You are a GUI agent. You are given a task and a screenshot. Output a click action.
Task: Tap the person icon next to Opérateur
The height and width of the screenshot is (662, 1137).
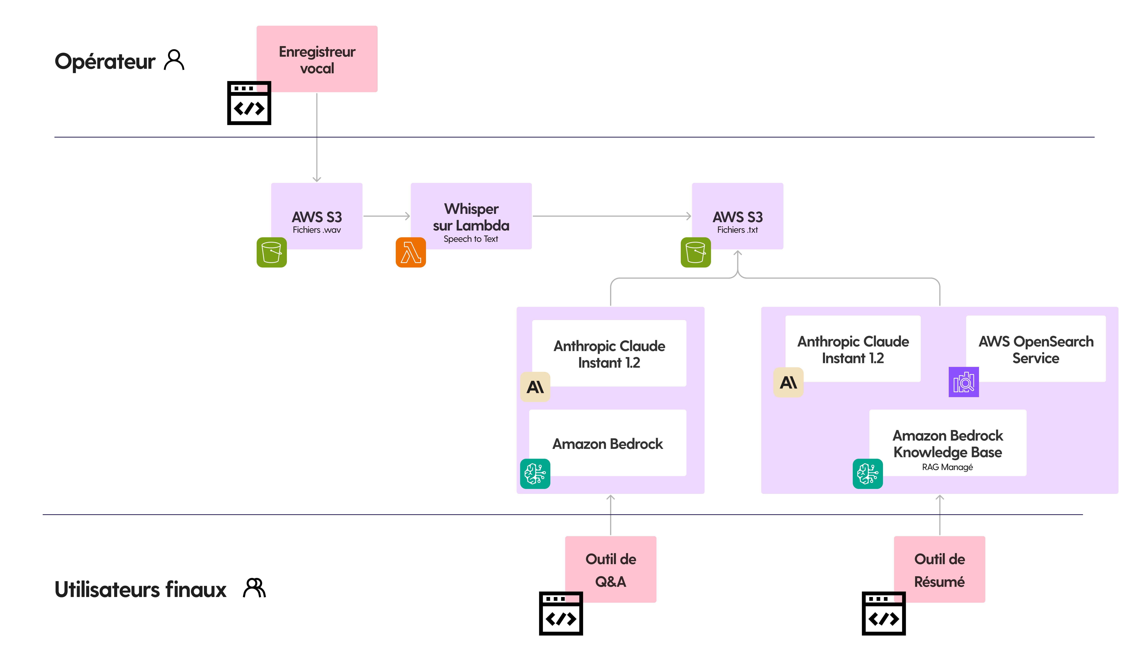174,60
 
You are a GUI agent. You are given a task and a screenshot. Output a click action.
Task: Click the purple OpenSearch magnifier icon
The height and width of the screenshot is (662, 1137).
964,382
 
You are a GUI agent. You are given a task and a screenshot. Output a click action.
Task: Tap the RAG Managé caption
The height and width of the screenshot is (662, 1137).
947,467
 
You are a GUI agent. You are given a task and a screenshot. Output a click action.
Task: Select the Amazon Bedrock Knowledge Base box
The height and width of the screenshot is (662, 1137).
947,443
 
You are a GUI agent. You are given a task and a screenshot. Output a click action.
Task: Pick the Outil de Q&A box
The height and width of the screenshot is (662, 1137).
610,569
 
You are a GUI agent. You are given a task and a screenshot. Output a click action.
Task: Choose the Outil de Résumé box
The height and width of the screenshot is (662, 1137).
939,569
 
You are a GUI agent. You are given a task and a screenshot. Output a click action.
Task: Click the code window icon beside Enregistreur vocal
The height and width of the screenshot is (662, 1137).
249,103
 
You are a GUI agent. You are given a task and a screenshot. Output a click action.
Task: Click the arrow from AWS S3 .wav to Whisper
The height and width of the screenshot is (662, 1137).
387,216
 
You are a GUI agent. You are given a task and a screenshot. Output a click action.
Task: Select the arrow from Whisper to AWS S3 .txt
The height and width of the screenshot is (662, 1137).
612,216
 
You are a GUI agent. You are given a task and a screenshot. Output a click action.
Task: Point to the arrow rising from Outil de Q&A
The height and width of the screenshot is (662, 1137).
610,515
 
